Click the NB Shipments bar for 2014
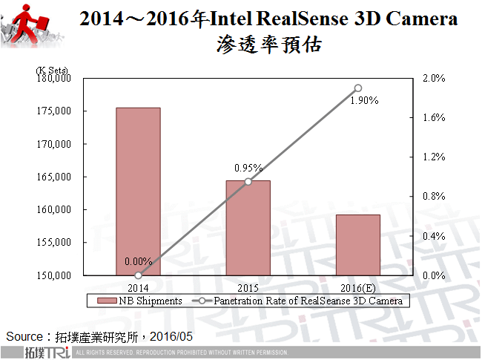pyautogui.click(x=139, y=192)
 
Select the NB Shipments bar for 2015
pyautogui.click(x=248, y=228)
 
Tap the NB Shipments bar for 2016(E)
pyautogui.click(x=358, y=245)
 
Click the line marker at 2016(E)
pyautogui.click(x=358, y=88)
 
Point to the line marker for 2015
pyautogui.click(x=248, y=181)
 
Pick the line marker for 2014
pyautogui.click(x=139, y=275)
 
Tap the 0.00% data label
pyautogui.click(x=138, y=261)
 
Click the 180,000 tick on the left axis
pyautogui.click(x=53, y=78)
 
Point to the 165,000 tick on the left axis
pyautogui.click(x=53, y=177)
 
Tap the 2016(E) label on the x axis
pyautogui.click(x=358, y=286)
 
